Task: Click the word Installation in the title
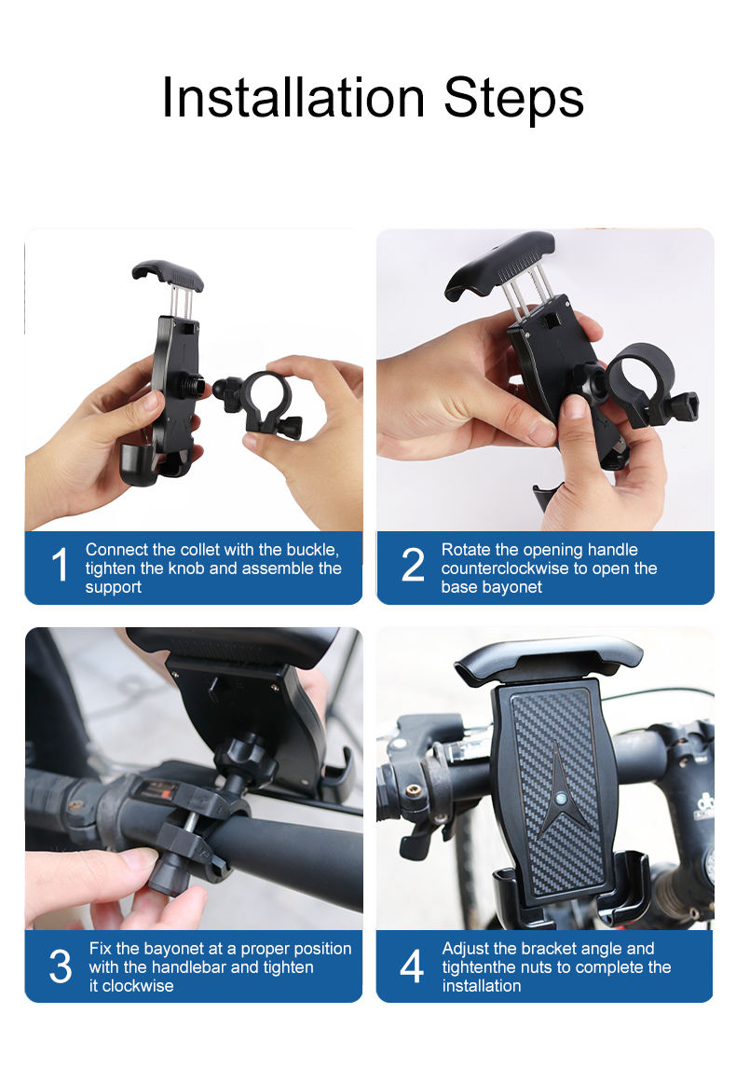click(x=293, y=97)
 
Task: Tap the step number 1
click(x=60, y=565)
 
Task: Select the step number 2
click(x=413, y=565)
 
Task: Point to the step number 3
click(x=60, y=966)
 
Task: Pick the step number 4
click(x=412, y=966)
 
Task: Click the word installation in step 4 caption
click(x=482, y=986)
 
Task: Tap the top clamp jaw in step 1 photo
click(x=168, y=275)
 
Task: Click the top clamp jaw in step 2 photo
click(x=500, y=262)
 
